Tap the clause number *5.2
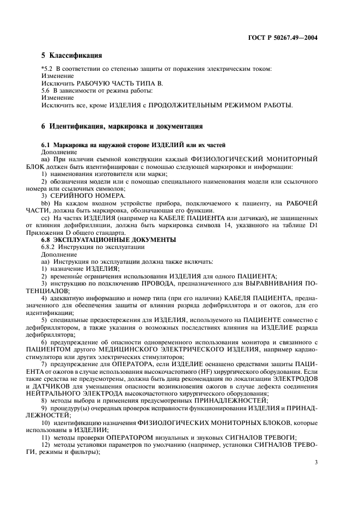pyautogui.click(x=48, y=69)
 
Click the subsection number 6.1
pyautogui.click(x=46, y=145)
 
